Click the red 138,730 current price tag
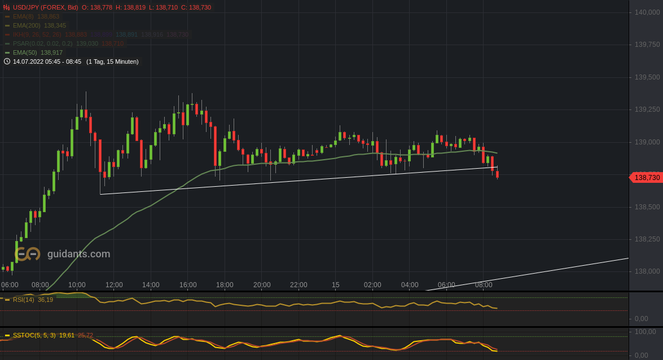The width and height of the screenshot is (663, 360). pos(647,178)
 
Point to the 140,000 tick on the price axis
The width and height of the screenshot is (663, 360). pos(647,12)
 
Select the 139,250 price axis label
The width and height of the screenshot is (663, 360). pos(647,109)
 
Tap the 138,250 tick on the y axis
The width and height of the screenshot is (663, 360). pos(647,239)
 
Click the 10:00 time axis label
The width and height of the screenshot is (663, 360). pos(77,285)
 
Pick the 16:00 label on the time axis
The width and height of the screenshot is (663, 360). pos(188,285)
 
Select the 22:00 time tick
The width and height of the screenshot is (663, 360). pos(298,285)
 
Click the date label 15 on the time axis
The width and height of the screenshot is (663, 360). pos(336,285)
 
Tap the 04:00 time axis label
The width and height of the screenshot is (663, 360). pos(410,285)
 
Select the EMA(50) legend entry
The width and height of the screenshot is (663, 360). pos(25,52)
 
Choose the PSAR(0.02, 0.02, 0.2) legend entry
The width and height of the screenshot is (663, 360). pos(43,43)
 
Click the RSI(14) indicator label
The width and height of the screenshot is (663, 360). pos(24,300)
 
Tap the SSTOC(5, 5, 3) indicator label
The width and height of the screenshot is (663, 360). pos(34,335)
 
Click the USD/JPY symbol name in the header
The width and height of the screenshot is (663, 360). pos(28,7)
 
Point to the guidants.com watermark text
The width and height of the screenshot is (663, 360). pos(78,254)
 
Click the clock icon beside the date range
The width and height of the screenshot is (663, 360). pos(7,62)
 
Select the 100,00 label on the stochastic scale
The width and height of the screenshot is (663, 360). pos(646,331)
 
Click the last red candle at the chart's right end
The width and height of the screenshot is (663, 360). pos(497,175)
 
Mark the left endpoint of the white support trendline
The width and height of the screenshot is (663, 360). pos(100,194)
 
